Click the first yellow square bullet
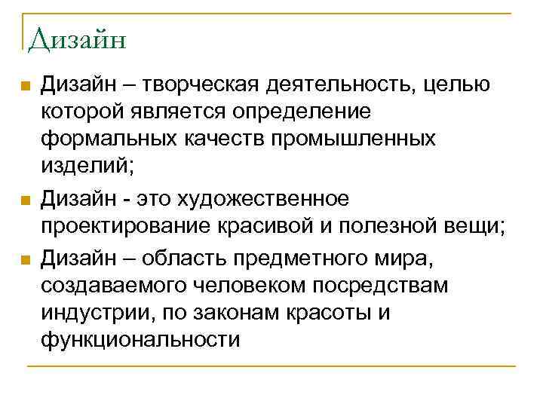(x=25, y=87)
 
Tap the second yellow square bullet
(x=25, y=201)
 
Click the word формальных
(x=106, y=139)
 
